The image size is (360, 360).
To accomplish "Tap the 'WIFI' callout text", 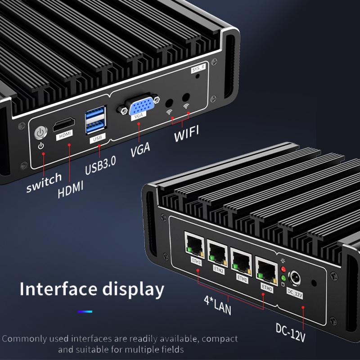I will tap(186, 135).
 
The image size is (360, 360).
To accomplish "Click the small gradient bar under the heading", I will tap(85, 311).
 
